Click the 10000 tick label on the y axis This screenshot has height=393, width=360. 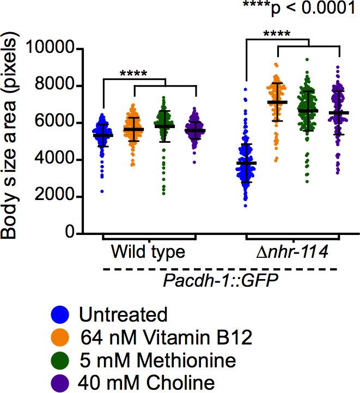tap(53, 49)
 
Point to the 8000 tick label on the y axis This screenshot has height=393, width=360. tap(57, 86)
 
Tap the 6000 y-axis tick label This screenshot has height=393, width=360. tap(57, 123)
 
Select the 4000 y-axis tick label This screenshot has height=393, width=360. tap(57, 160)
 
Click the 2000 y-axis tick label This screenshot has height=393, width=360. tap(57, 197)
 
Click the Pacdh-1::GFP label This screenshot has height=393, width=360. tap(221, 281)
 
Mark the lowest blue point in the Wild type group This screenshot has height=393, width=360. tap(101, 191)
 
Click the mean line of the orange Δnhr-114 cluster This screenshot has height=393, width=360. tap(277, 102)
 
